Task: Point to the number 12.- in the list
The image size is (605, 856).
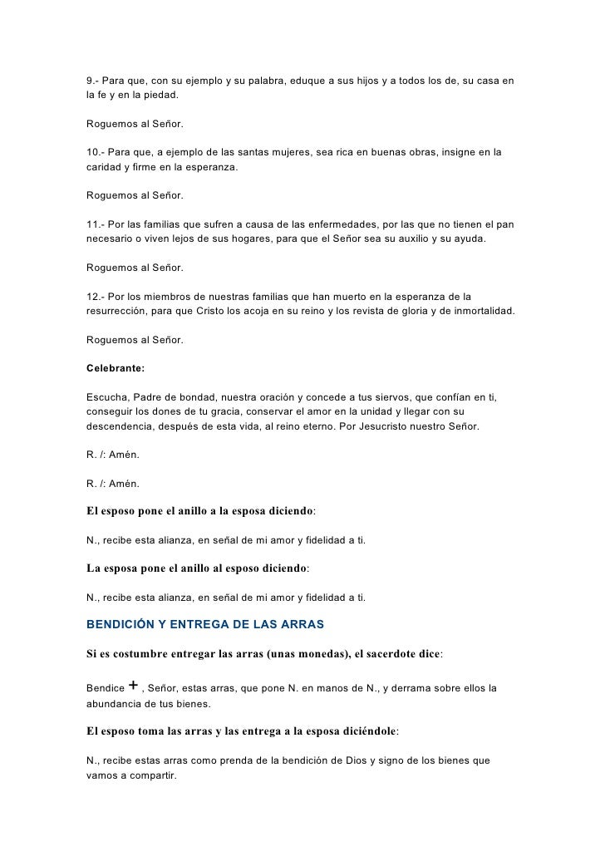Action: point(97,297)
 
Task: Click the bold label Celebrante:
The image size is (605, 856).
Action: point(116,368)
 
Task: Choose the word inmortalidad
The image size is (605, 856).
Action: point(476,311)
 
